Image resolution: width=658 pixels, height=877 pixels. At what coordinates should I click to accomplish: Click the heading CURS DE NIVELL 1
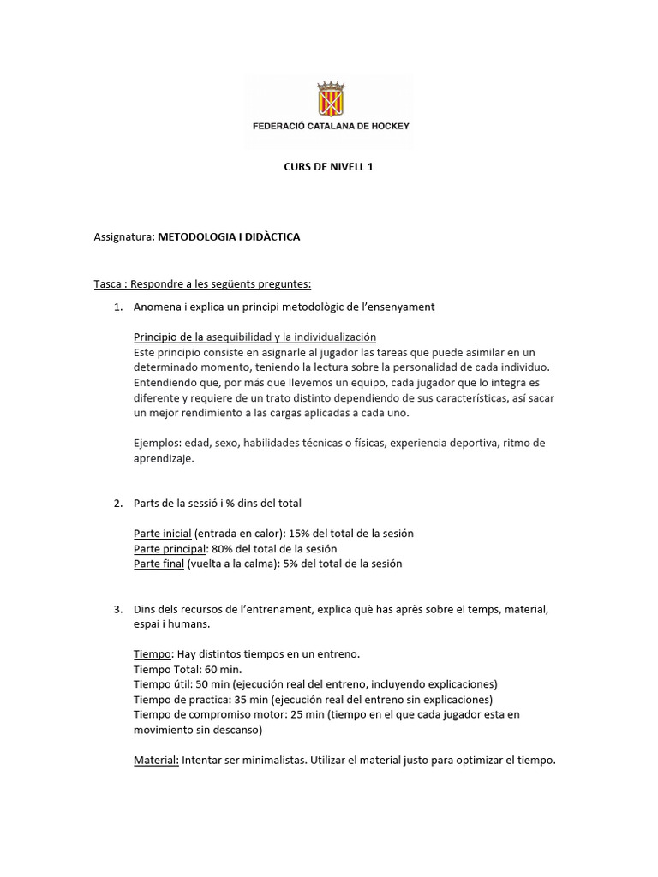coord(328,167)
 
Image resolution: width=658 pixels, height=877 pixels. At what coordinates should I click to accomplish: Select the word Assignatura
coord(123,236)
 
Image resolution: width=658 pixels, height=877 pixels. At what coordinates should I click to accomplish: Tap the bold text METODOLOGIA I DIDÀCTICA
coord(229,236)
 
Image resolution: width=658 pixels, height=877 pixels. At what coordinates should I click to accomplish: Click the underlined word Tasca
coord(108,283)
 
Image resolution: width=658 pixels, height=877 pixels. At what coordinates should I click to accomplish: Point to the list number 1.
coord(117,307)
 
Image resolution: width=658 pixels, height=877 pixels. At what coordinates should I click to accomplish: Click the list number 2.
coord(117,503)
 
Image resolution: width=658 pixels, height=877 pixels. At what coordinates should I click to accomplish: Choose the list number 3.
coord(117,609)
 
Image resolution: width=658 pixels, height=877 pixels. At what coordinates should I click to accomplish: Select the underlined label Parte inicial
coord(163,534)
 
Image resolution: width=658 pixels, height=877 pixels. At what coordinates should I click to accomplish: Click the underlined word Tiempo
coord(153,654)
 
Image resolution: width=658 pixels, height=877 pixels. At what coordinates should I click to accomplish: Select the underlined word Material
coord(156,761)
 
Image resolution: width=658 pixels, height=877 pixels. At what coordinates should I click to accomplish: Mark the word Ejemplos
coord(157,443)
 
